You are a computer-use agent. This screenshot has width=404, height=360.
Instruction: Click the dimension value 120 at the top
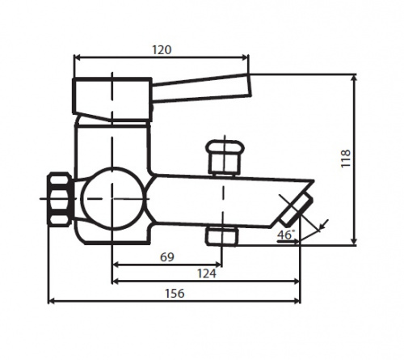click(162, 50)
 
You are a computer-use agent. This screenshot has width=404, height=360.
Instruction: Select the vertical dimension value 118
click(346, 159)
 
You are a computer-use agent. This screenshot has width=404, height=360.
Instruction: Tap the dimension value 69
click(167, 257)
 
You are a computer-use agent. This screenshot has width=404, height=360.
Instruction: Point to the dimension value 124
click(207, 273)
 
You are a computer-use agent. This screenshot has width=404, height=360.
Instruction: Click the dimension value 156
click(175, 294)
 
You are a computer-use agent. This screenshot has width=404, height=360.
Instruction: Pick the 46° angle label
click(286, 235)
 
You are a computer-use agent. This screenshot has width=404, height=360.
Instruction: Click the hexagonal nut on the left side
click(60, 199)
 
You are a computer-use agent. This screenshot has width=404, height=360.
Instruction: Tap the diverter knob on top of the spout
click(225, 157)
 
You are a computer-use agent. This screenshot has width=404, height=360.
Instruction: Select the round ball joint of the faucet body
click(112, 199)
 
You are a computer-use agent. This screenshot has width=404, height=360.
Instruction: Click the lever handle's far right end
click(250, 85)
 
